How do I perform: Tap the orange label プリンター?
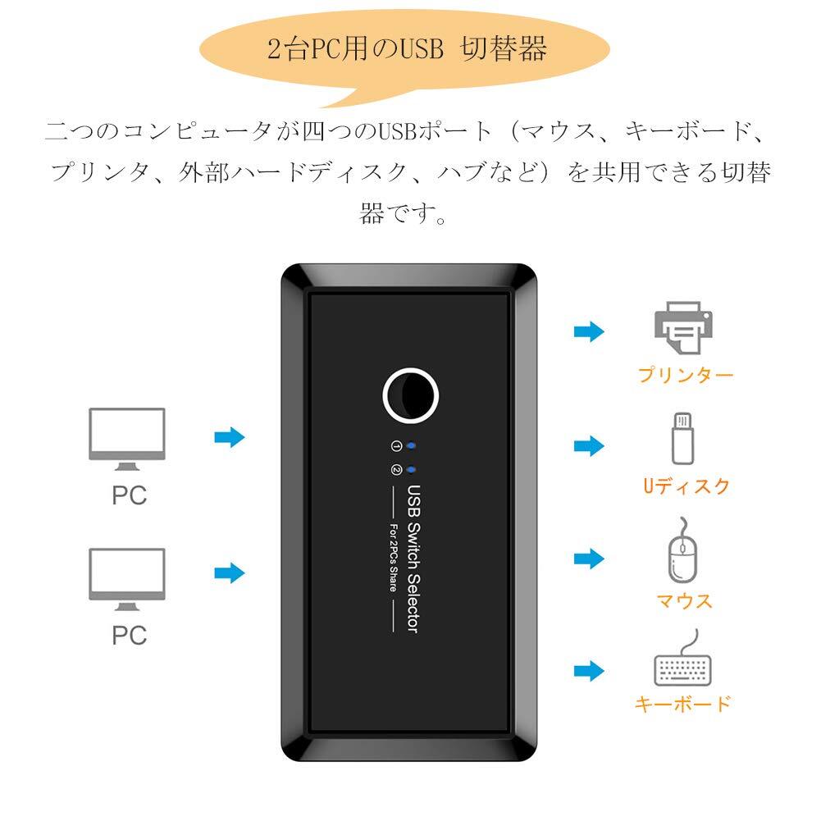pos(686,376)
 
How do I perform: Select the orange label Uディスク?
pos(686,486)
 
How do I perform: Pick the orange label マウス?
pos(685,601)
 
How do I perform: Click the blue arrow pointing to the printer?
pos(588,331)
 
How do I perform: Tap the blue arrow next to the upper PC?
pos(230,437)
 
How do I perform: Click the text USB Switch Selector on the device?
pos(413,559)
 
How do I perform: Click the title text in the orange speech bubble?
pos(407,51)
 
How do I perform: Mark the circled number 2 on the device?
pos(396,471)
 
